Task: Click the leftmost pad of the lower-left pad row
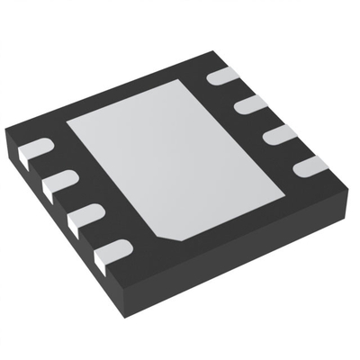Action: point(33,149)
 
